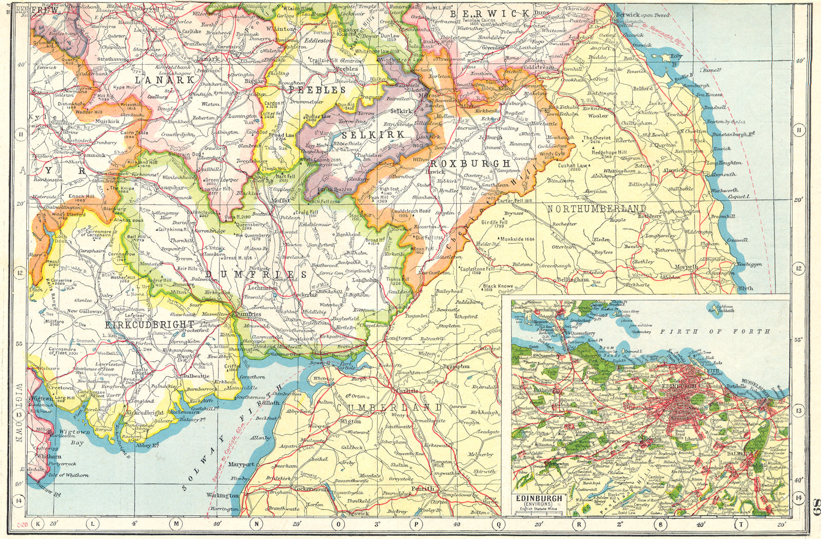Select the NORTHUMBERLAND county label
(x=596, y=208)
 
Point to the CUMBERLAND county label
(x=389, y=407)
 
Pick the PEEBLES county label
(x=318, y=89)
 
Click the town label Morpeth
(x=687, y=267)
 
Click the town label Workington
(x=222, y=496)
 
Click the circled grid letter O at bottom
(x=338, y=524)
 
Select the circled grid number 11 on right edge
(x=798, y=130)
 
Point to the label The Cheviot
(x=596, y=138)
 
